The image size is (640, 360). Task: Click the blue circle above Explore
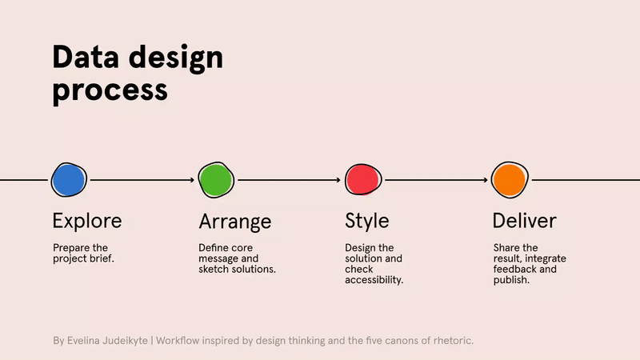pos(69,180)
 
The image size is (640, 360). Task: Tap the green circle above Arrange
pos(216,180)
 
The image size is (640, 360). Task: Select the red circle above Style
pos(362,180)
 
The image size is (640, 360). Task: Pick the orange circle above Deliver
pos(509,180)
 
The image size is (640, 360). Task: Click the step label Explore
pos(87,221)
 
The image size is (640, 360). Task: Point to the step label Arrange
pos(234,222)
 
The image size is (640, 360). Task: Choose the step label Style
pos(366,221)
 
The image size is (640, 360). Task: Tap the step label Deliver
pos(524,221)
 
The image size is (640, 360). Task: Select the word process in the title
pos(110,90)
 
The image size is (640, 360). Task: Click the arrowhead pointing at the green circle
pos(192,180)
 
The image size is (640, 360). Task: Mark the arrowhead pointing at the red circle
pos(338,180)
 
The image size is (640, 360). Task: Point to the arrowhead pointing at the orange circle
pos(485,180)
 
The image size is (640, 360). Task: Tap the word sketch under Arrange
pos(214,270)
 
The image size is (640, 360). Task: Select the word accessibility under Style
pos(374,280)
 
